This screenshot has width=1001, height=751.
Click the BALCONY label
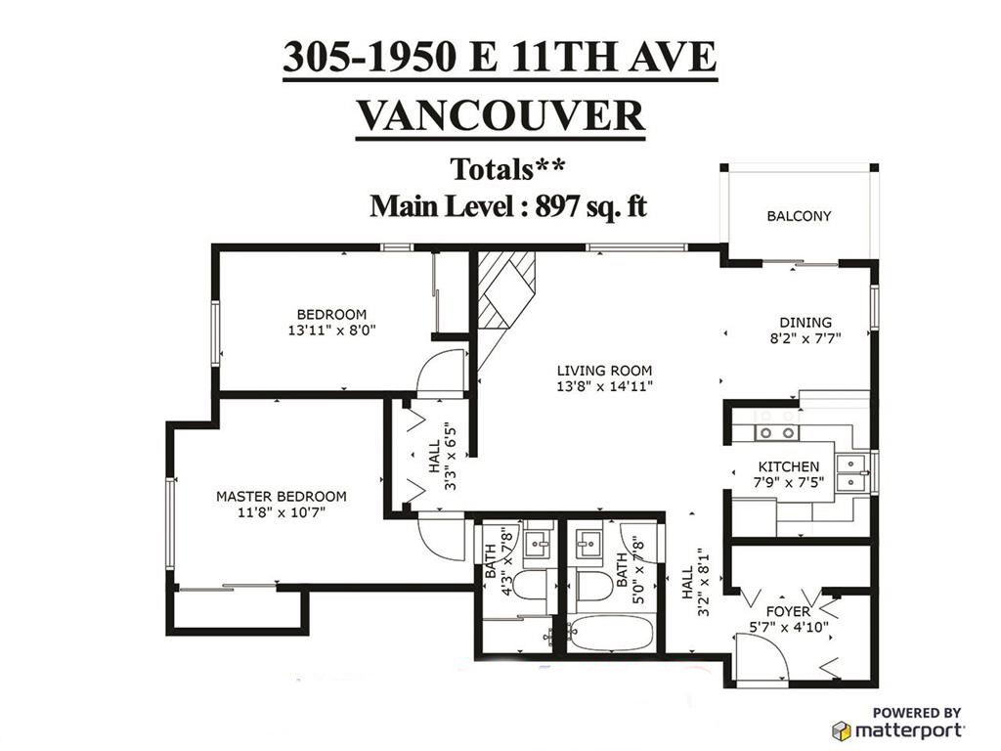(799, 216)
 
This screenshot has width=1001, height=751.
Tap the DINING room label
(805, 323)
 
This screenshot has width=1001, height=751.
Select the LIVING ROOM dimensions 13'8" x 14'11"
(604, 386)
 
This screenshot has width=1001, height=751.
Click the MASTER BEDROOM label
(281, 496)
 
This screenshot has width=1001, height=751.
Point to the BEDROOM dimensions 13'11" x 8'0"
(332, 331)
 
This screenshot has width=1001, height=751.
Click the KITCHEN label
(789, 466)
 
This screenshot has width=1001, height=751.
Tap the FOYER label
(788, 612)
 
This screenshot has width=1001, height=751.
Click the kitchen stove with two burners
(775, 433)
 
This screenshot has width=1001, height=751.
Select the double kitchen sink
(850, 472)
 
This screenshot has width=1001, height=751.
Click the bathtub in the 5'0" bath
(610, 634)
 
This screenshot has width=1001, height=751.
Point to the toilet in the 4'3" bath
(530, 585)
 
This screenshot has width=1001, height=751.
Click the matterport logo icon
(842, 730)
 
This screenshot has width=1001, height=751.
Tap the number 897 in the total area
(558, 206)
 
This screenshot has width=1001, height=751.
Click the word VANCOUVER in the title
(500, 115)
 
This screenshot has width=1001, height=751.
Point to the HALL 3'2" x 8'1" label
(694, 582)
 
